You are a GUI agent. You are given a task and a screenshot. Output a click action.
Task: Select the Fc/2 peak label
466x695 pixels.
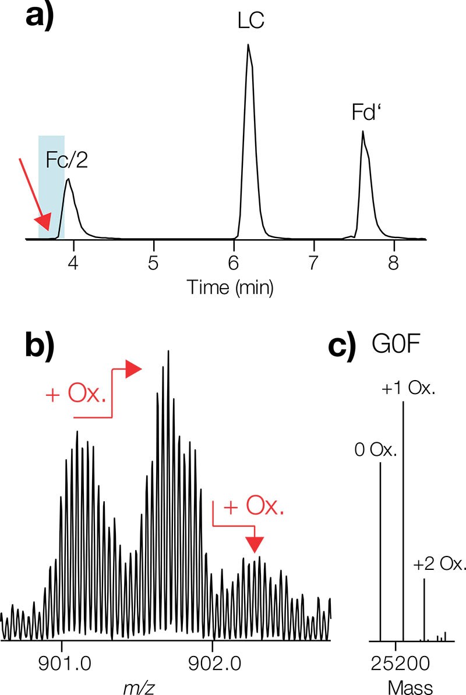(67, 159)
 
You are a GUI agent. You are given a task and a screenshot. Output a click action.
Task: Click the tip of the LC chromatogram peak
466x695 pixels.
(248, 45)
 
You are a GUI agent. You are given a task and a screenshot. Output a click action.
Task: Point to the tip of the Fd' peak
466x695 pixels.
(363, 132)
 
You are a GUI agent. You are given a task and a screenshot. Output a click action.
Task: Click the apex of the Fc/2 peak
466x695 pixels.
(68, 179)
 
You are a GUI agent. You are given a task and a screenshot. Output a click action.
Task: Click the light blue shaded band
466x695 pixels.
(51, 186)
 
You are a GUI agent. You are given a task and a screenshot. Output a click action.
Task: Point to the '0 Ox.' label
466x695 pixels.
(376, 449)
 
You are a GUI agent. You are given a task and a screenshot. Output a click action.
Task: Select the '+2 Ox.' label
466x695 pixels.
(440, 563)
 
